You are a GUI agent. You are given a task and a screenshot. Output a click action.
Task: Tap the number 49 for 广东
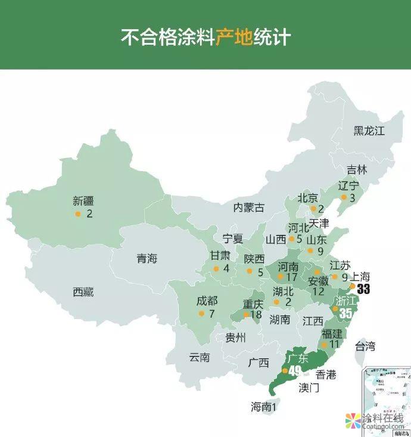click(x=295, y=371)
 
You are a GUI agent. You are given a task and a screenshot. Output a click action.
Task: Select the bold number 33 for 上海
click(x=363, y=289)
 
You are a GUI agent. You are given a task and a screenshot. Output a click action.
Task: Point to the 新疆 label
click(x=83, y=202)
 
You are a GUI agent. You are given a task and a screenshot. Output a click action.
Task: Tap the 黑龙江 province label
click(x=369, y=131)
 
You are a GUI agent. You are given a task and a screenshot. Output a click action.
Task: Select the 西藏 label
click(x=83, y=292)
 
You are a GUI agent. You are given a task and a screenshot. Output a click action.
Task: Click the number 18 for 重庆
click(x=257, y=314)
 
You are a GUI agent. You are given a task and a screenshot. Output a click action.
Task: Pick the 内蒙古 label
click(x=249, y=207)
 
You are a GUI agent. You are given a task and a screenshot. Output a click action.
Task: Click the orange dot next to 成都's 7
click(x=201, y=314)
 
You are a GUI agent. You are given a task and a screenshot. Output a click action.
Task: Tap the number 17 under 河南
click(x=291, y=277)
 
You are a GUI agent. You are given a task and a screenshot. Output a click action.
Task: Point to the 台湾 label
click(x=366, y=346)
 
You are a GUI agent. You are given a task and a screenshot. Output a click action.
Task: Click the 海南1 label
click(x=264, y=407)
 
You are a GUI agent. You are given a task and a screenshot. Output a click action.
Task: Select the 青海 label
click(x=147, y=259)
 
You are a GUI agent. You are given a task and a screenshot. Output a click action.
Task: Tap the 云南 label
click(x=200, y=358)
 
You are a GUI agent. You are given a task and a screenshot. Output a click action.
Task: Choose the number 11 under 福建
click(x=334, y=344)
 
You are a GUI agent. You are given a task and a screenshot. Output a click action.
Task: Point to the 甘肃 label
click(x=220, y=256)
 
